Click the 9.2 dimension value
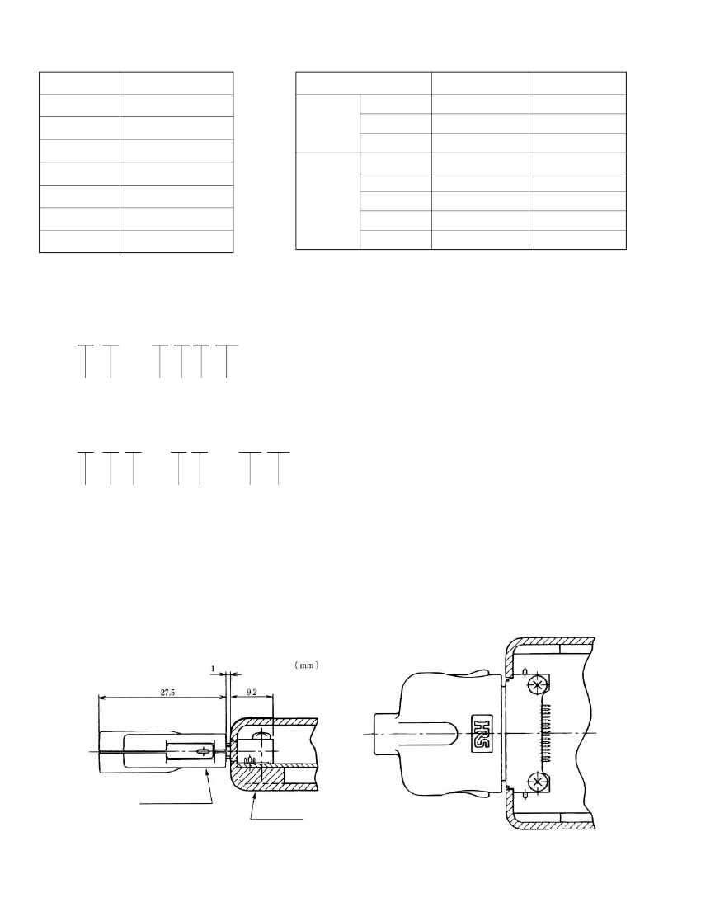coord(252,691)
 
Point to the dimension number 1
coord(213,669)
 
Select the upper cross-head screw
coord(539,685)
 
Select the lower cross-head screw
coord(539,782)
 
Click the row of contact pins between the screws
coord(545,734)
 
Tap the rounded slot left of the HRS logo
coord(429,734)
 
